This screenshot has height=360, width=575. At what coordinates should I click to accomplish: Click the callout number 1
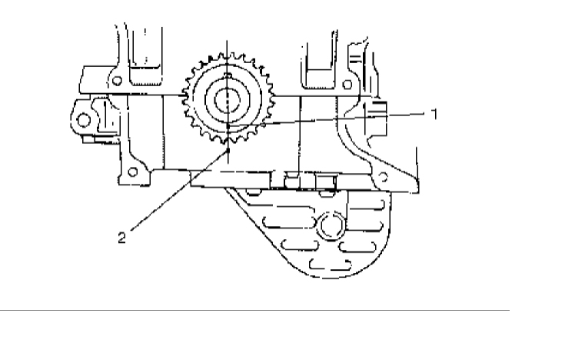click(434, 114)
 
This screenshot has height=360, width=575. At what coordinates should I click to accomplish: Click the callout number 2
click(121, 238)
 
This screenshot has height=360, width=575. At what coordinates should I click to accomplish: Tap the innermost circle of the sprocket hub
click(228, 100)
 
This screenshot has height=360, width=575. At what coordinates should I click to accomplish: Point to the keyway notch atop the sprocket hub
click(228, 75)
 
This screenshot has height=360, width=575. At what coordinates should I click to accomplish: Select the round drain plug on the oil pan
click(332, 225)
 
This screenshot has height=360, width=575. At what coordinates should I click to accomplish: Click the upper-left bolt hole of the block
click(117, 80)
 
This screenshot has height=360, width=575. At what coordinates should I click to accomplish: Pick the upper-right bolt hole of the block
click(347, 85)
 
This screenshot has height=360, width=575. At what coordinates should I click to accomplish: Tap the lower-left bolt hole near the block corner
click(133, 172)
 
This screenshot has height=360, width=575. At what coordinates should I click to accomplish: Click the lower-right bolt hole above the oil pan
click(383, 178)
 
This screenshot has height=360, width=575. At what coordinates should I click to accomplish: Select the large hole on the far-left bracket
click(84, 120)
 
